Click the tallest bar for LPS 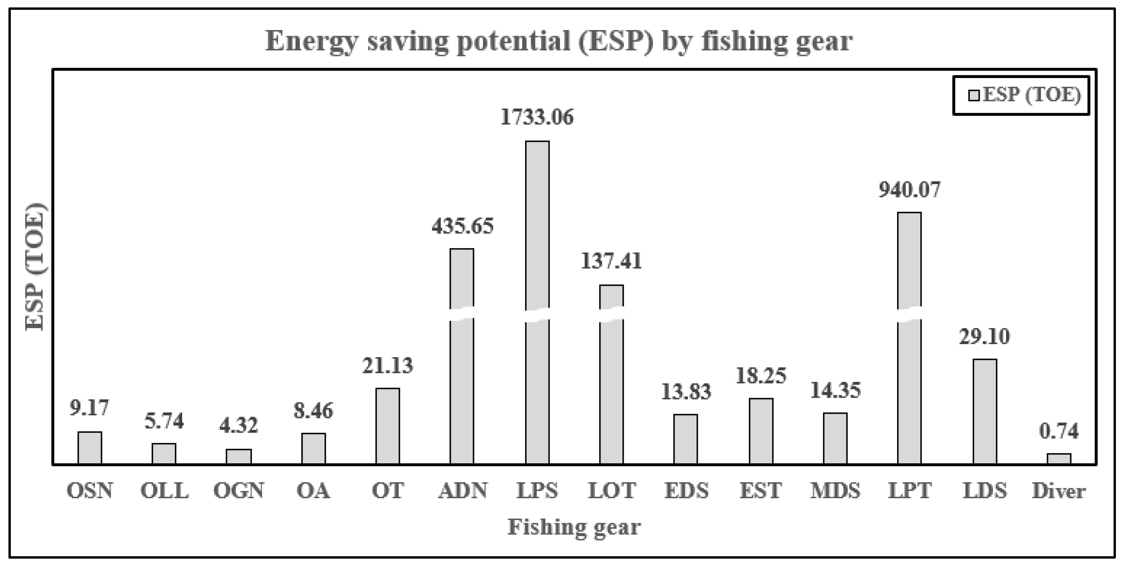click(537, 227)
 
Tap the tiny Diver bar click(1059, 459)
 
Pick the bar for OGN click(238, 456)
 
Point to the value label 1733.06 click(537, 117)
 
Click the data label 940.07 click(910, 190)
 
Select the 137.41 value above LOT click(611, 261)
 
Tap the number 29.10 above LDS click(985, 337)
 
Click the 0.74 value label click(1059, 431)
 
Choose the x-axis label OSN click(90, 491)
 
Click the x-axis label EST click(761, 491)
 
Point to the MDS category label click(835, 491)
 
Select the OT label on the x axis click(387, 491)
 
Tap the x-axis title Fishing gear click(574, 527)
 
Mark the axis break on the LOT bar click(611, 315)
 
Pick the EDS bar click(686, 439)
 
